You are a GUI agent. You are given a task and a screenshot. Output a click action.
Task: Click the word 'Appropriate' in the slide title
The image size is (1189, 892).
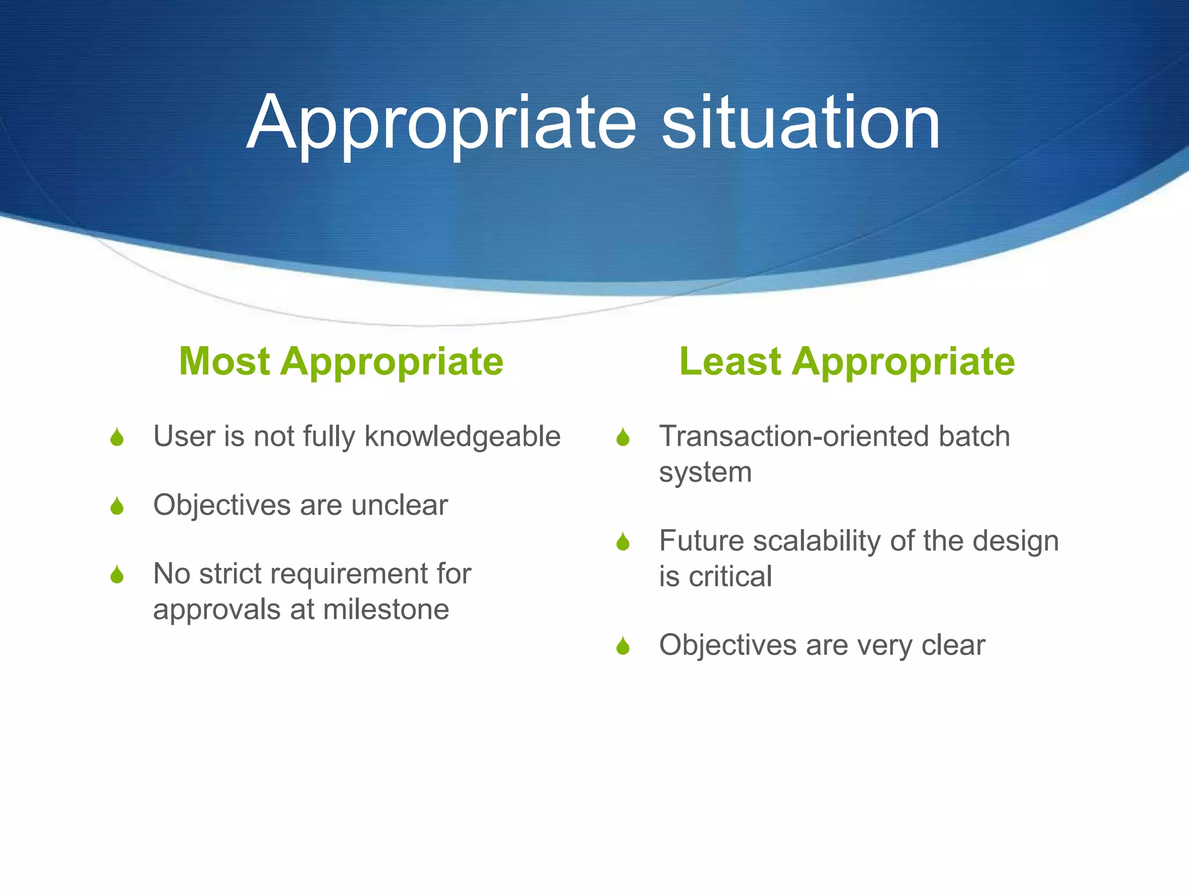(x=441, y=123)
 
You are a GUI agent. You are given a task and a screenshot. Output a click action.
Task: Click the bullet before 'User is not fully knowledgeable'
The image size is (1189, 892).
(x=117, y=437)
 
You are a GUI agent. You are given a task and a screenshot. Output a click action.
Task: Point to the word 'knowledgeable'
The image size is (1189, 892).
(x=462, y=437)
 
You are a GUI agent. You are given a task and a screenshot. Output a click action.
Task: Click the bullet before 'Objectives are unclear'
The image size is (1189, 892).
(x=117, y=506)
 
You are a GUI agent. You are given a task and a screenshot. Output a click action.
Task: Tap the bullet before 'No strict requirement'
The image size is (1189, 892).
(x=117, y=574)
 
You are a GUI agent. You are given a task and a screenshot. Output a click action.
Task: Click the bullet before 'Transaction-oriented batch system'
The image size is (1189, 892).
(x=623, y=437)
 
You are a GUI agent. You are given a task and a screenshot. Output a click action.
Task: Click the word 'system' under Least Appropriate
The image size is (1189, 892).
(x=705, y=473)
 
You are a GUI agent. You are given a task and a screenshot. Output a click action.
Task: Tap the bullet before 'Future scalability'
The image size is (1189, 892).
(x=623, y=542)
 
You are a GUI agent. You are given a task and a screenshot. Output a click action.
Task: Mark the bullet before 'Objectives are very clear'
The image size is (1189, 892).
(x=623, y=646)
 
